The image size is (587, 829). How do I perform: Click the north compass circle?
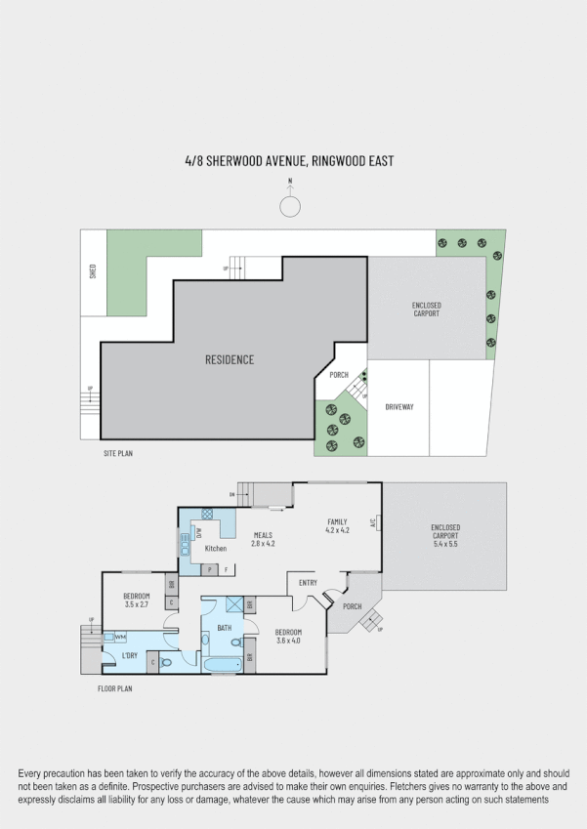290,206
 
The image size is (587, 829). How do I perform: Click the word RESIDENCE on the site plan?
230,359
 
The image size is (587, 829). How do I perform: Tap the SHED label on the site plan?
93,271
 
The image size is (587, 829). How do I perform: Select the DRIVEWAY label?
399,406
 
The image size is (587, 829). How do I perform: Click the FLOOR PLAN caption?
114,688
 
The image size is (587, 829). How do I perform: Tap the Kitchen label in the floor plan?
215,549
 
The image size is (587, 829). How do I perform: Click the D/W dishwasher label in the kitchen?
198,533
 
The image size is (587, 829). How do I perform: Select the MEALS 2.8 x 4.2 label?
264,538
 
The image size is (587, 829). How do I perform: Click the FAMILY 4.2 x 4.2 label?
337,526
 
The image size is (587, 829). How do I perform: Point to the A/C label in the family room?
373,522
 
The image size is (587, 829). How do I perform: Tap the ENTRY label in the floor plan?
309,583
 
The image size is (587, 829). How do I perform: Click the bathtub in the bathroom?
223,665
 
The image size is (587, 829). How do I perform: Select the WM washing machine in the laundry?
120,637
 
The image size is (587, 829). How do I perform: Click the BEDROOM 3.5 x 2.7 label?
136,600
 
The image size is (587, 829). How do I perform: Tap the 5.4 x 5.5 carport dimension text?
445,543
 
